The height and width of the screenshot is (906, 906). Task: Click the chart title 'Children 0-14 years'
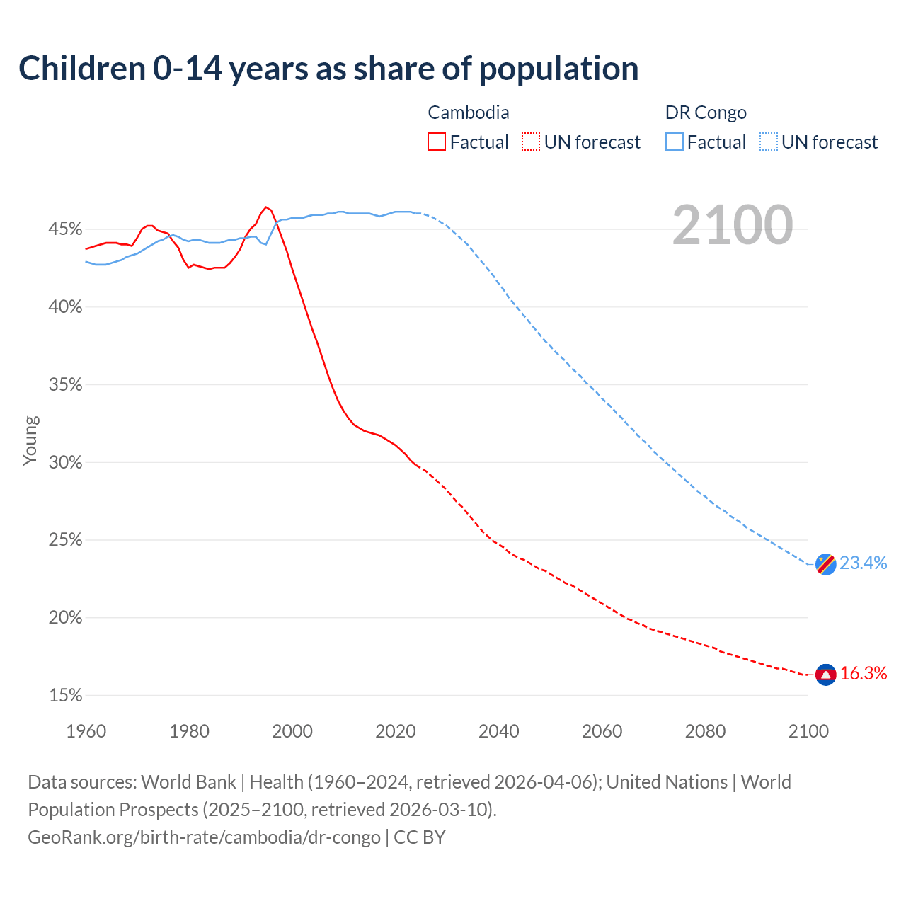(x=328, y=69)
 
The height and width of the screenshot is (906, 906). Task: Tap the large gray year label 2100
(x=733, y=225)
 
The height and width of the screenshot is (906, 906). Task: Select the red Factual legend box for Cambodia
(x=437, y=142)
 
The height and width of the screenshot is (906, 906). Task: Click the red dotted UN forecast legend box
(x=531, y=142)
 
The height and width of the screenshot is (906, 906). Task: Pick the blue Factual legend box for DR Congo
(x=675, y=142)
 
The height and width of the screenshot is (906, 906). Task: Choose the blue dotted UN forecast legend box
(x=769, y=142)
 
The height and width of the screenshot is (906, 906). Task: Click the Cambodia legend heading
(x=469, y=113)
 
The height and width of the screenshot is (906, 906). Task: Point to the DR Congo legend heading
(x=706, y=113)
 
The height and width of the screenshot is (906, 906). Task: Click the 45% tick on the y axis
(x=65, y=229)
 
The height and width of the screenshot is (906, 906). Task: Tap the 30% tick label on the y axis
(x=65, y=462)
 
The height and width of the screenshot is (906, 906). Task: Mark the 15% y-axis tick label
(x=65, y=696)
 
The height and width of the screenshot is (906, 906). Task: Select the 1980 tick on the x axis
(x=189, y=731)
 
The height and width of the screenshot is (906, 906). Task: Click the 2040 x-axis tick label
(x=499, y=731)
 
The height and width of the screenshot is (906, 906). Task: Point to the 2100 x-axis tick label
(x=808, y=731)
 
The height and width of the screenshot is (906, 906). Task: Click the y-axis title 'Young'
(x=30, y=440)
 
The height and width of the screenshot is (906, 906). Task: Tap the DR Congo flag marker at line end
(x=826, y=564)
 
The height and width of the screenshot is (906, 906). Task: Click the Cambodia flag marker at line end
(x=826, y=675)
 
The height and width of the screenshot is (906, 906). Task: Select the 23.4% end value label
(x=864, y=563)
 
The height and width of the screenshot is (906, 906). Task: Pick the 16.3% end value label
(x=864, y=673)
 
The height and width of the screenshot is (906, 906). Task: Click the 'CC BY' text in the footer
(x=420, y=837)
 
